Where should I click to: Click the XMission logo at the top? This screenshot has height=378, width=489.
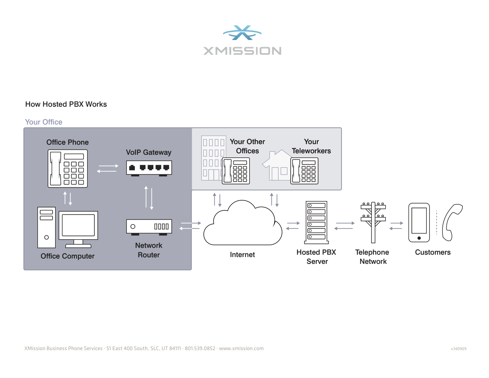click(242, 40)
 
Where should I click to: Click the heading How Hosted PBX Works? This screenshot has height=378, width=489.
click(66, 104)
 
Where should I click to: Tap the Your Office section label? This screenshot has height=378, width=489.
click(44, 122)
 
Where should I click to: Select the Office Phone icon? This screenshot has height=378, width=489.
click(68, 168)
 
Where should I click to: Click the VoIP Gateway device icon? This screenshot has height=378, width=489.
click(149, 168)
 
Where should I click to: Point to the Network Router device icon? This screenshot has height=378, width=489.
click(149, 227)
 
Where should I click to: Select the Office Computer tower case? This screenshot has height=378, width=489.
click(47, 227)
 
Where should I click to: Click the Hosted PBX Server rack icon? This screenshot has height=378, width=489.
click(317, 222)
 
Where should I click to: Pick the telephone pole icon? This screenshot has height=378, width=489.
click(373, 222)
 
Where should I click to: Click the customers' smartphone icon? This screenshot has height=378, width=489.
click(419, 222)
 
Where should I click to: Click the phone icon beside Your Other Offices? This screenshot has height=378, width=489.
click(236, 171)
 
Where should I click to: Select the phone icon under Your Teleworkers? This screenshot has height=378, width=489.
click(304, 171)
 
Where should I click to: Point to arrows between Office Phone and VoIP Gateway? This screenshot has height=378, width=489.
click(108, 168)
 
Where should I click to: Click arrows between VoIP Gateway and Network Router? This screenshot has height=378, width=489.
click(149, 198)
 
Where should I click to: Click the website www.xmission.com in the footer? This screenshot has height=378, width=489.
click(241, 348)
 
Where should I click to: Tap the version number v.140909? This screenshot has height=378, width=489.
click(458, 349)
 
